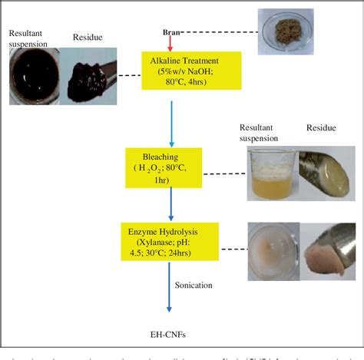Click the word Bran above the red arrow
(170, 32)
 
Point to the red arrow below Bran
(171, 43)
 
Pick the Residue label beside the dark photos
(88, 37)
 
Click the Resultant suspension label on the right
(262, 137)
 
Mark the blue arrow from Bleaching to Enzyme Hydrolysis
(171, 203)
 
